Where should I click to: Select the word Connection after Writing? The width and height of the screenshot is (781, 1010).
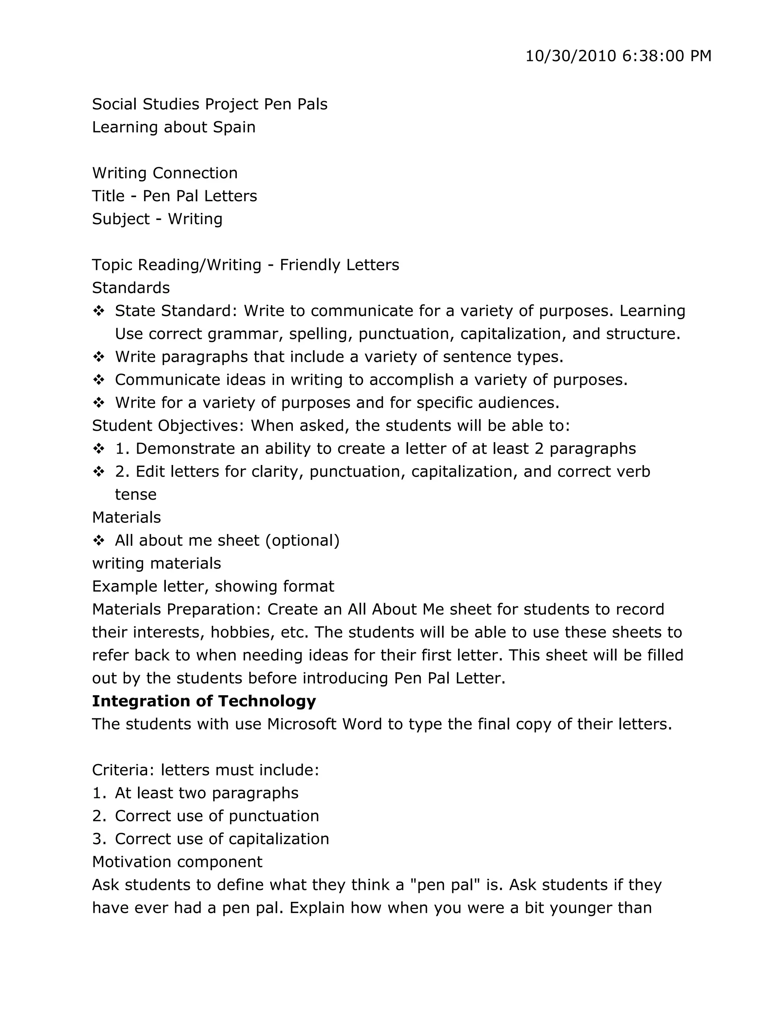click(195, 173)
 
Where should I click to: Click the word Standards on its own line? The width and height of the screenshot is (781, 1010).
click(131, 288)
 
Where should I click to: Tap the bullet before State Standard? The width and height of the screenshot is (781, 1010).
click(98, 311)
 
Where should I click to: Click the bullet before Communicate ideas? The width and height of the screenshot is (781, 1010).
click(98, 380)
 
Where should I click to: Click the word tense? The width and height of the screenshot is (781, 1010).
click(135, 494)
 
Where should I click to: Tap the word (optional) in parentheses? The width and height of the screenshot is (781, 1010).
click(302, 540)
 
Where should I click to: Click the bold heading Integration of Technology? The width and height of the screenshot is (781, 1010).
click(204, 701)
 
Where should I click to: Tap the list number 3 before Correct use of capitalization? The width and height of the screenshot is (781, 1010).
click(98, 839)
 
